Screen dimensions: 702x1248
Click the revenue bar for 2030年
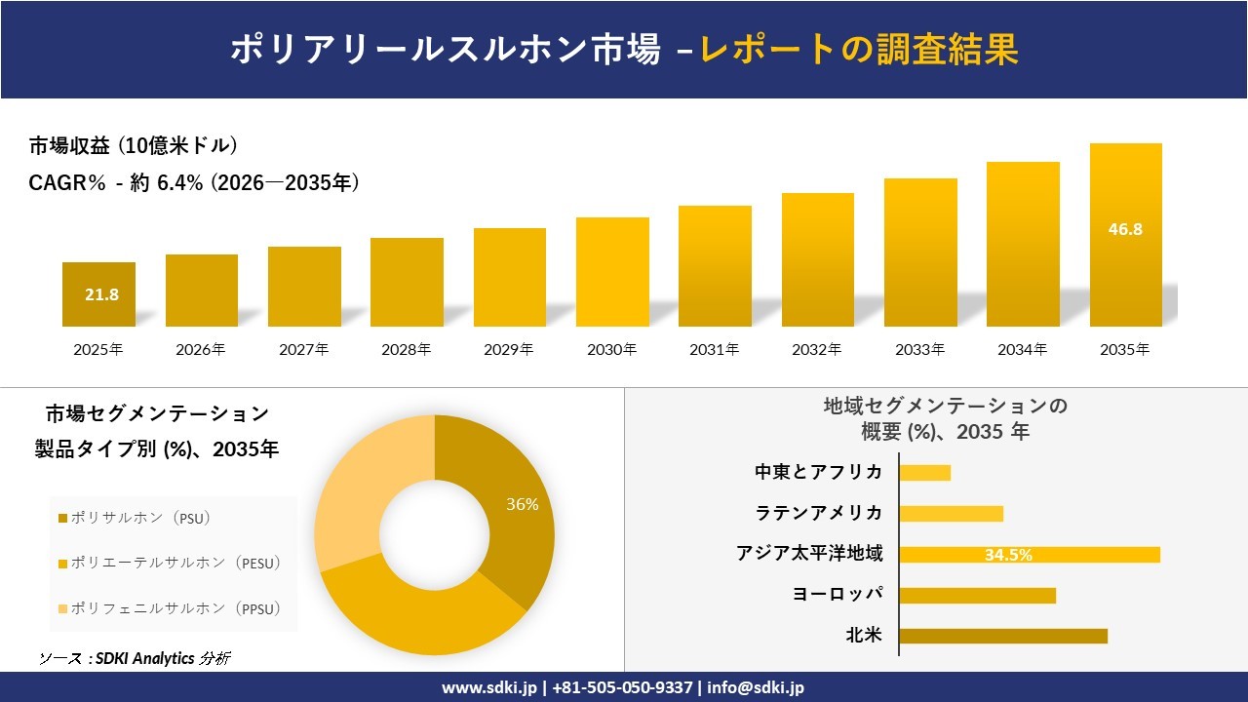pos(612,272)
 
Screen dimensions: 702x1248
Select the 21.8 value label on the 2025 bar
pos(101,294)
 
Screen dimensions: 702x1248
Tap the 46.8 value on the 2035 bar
pos(1125,230)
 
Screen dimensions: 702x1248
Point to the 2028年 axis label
pos(406,349)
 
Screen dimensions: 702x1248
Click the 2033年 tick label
pos(919,349)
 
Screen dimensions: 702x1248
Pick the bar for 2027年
pos(304,287)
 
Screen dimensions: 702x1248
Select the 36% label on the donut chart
pos(522,504)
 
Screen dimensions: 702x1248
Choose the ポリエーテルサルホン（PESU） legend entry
pos(170,563)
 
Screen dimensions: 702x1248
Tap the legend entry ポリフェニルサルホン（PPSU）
pos(170,609)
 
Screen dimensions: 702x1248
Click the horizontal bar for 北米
pos(1002,636)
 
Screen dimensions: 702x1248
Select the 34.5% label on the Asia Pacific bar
pos(1008,555)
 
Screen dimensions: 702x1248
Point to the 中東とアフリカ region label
pos(819,472)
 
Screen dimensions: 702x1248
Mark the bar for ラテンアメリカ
pos(951,514)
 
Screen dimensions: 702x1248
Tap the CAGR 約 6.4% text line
pos(194,182)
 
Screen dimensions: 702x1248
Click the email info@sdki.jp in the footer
pos(758,687)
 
